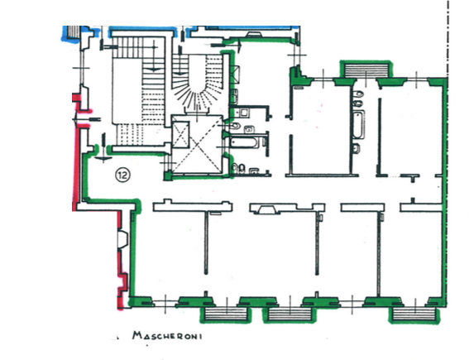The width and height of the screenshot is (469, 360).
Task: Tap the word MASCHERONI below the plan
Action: coord(167,335)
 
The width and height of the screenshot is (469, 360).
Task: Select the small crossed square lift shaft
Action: coord(181,135)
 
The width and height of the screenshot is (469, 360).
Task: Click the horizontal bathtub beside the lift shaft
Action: coord(244,142)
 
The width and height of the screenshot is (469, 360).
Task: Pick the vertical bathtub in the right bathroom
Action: coord(358,124)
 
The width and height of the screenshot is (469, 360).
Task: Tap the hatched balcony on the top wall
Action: coord(366,70)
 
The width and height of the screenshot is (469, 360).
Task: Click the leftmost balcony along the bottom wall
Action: coord(226,314)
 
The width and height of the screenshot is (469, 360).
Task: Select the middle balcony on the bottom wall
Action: coord(290,314)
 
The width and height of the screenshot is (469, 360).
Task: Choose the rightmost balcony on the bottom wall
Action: coord(414,314)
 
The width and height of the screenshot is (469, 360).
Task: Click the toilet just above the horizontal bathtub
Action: coord(235,126)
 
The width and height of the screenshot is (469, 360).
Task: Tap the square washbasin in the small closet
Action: coord(244,113)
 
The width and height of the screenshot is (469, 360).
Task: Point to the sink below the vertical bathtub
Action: coord(356,148)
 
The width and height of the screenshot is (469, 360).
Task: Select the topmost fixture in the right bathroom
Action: coord(358,94)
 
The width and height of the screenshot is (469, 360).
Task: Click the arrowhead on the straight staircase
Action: coord(153,70)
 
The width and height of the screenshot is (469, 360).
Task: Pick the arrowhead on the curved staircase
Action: coord(180,73)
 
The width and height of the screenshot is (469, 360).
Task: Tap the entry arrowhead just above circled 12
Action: coord(103,158)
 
